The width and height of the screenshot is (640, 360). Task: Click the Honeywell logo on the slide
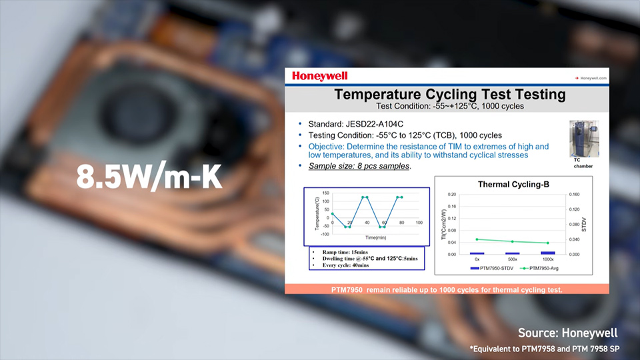(319, 77)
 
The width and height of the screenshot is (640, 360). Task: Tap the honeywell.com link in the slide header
(592, 78)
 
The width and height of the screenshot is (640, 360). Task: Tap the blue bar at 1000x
(548, 253)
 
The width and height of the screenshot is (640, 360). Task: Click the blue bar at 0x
(477, 253)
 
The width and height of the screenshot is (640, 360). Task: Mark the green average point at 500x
(512, 241)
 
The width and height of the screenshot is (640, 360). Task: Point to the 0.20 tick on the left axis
(452, 195)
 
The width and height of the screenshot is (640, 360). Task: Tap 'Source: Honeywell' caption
(567, 333)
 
